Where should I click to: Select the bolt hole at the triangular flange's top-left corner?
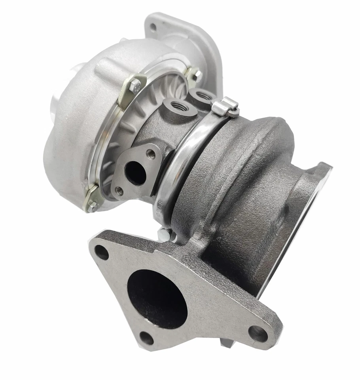[101, 252]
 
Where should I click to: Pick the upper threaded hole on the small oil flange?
[150, 153]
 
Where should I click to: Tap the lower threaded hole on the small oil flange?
[118, 191]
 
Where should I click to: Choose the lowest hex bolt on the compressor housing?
[91, 204]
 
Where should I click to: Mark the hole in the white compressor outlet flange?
[153, 27]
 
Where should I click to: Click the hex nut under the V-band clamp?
[163, 233]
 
